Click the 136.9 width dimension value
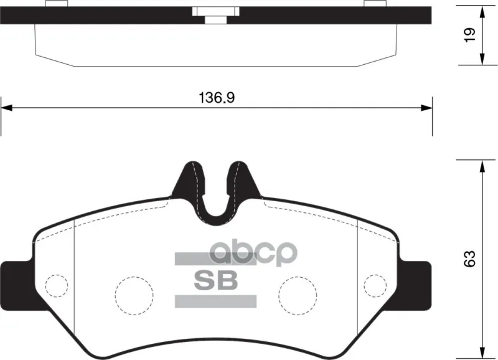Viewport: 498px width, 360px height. click(x=217, y=98)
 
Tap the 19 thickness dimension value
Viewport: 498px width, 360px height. click(x=469, y=35)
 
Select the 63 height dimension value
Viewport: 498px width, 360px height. click(x=469, y=258)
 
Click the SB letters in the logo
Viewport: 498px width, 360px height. click(x=216, y=280)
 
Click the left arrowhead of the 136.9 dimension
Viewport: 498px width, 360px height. click(x=6, y=108)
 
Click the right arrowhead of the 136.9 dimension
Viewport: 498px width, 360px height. click(x=426, y=108)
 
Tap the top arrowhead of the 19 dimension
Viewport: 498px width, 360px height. click(x=482, y=11)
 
